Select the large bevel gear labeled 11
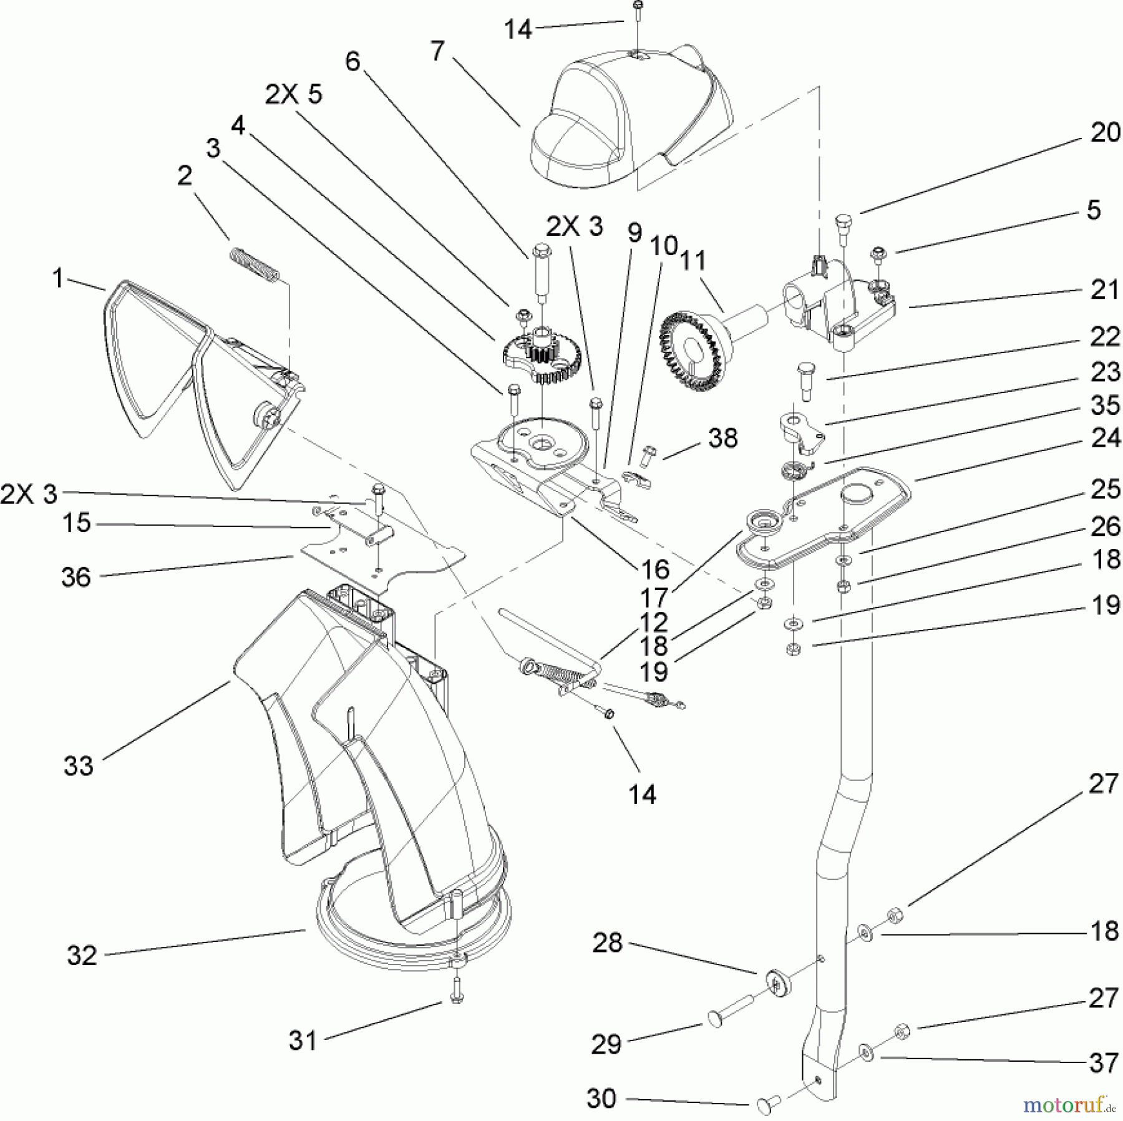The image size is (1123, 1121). coord(693,352)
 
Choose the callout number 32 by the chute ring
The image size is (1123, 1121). coord(82,955)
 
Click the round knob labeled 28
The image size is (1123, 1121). coord(777,984)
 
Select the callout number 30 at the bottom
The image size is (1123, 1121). coord(601,1099)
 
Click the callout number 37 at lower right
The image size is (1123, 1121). coord(1103,1063)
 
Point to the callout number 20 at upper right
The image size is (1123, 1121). coord(1105,133)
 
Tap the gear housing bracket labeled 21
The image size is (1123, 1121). coord(836,306)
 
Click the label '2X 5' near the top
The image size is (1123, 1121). coord(293,95)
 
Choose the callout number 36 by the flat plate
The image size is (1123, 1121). coord(75,577)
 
